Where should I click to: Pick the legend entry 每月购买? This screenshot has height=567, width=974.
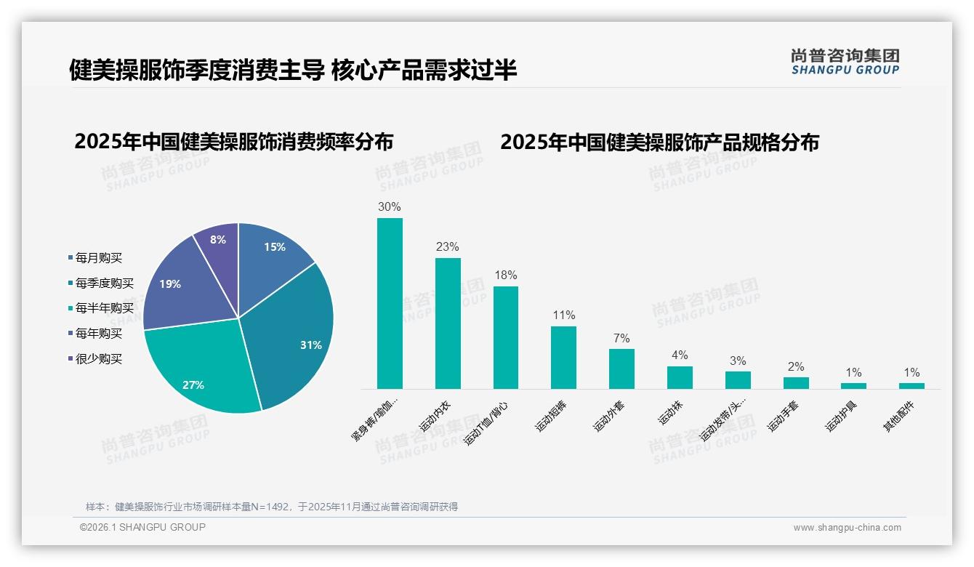tap(98, 258)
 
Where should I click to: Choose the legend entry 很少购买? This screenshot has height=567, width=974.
tap(98, 358)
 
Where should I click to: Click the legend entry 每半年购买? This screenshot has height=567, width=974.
tap(104, 308)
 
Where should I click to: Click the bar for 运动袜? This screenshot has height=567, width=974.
tap(680, 377)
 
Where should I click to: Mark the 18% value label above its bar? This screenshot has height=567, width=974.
tap(505, 276)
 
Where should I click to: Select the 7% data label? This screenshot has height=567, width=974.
tap(621, 339)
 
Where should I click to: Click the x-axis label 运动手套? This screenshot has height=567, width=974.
tap(784, 417)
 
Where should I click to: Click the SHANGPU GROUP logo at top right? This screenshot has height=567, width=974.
tap(845, 62)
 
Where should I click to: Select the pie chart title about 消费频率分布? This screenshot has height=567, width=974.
tap(233, 142)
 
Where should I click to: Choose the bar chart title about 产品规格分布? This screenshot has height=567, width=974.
tap(659, 142)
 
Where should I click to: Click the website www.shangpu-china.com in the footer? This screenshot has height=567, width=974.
tap(847, 528)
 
